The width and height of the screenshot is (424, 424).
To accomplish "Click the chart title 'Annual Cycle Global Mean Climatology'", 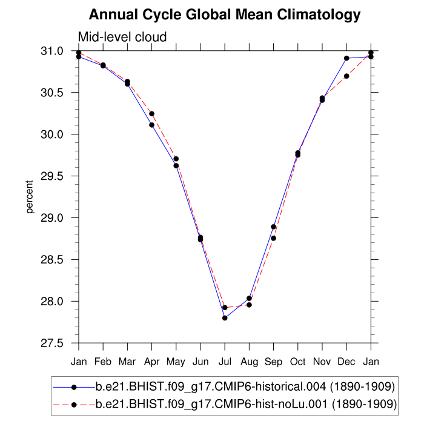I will pyautogui.click(x=225, y=15).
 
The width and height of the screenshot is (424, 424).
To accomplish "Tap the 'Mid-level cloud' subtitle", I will pyautogui.click(x=122, y=38).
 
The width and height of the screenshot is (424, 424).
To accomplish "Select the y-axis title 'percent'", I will pyautogui.click(x=29, y=197).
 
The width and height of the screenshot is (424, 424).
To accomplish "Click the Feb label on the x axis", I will pyautogui.click(x=103, y=362).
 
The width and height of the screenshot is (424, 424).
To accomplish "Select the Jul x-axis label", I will pyautogui.click(x=225, y=362).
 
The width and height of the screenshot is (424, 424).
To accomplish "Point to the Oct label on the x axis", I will pyautogui.click(x=297, y=362).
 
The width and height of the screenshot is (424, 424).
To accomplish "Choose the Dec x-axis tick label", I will pyautogui.click(x=346, y=362).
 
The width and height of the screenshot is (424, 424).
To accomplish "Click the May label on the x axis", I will pyautogui.click(x=176, y=362).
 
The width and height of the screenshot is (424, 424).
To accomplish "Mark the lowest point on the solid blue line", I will pyautogui.click(x=225, y=318).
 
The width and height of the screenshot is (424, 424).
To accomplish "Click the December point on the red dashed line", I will pyautogui.click(x=346, y=76).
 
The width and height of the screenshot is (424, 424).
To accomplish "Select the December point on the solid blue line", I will pyautogui.click(x=346, y=58).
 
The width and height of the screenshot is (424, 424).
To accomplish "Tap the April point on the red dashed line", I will pyautogui.click(x=151, y=114).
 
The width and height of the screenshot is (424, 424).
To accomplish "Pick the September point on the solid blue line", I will pyautogui.click(x=273, y=227).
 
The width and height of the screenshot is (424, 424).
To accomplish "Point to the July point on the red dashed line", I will pyautogui.click(x=225, y=308).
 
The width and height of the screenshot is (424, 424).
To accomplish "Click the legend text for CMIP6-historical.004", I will pyautogui.click(x=246, y=386).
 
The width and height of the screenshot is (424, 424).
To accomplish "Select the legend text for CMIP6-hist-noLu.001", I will pyautogui.click(x=246, y=403).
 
